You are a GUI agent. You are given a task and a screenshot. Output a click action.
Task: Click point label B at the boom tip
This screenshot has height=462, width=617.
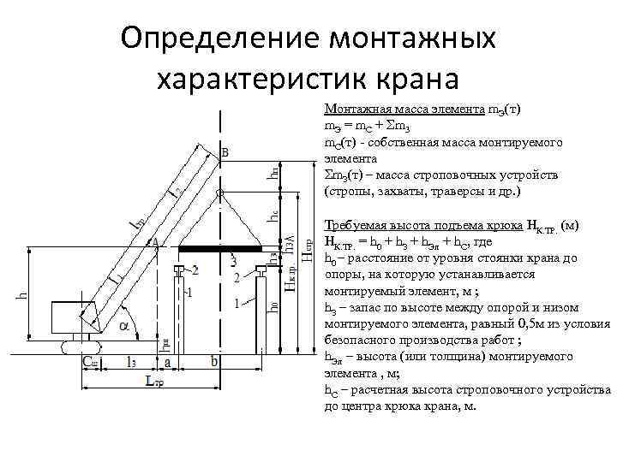point(225,152)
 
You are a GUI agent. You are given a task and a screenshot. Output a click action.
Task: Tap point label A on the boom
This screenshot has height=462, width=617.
point(156,244)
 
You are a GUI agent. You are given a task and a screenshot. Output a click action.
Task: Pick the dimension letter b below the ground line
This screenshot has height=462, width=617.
point(214,364)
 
